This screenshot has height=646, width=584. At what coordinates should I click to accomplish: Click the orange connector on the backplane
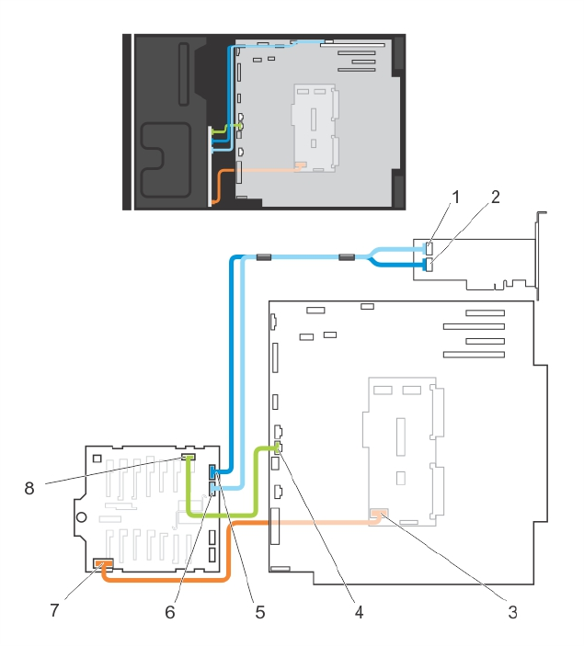[103, 562]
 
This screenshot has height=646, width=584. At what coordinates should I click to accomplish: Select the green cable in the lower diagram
[221, 512]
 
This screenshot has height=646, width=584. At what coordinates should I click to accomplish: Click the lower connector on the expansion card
[429, 266]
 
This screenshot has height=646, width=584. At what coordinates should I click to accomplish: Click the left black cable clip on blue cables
[262, 257]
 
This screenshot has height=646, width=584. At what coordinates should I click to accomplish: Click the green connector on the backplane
[189, 457]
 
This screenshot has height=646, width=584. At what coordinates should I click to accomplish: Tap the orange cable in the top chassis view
[218, 184]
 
